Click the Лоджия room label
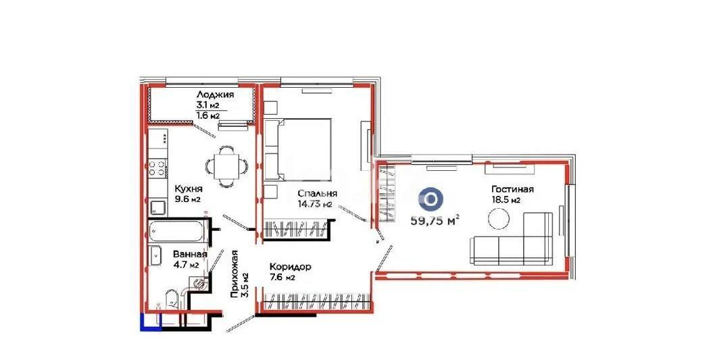click(216, 95)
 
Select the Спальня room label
click(318, 193)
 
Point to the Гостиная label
click(512, 189)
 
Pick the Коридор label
click(289, 267)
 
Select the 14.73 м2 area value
click(318, 204)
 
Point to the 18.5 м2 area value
click(506, 201)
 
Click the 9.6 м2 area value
click(187, 200)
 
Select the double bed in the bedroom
click(297, 150)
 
